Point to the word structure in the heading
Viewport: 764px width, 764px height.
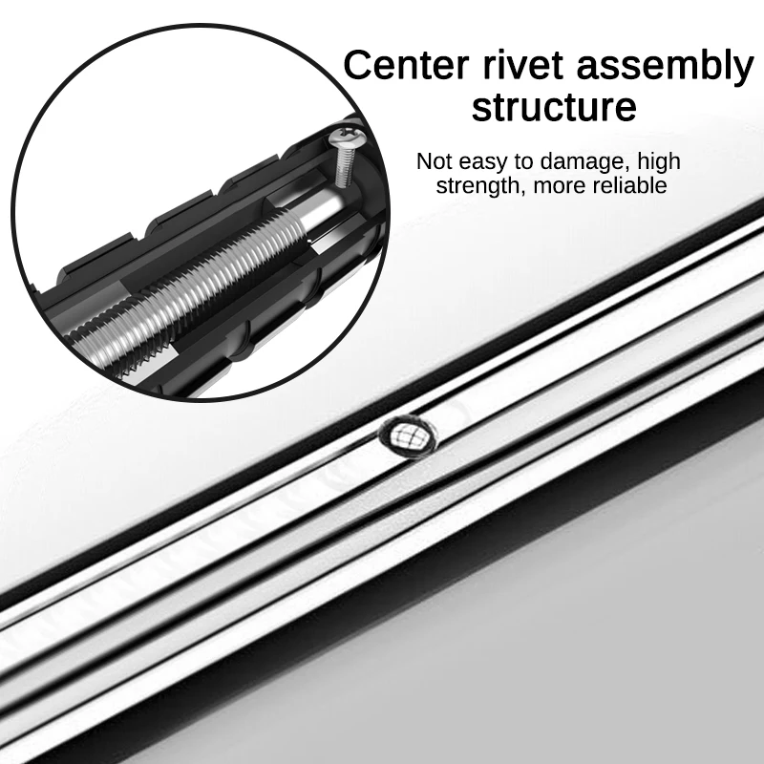(554, 107)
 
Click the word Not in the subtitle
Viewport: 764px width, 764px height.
(434, 160)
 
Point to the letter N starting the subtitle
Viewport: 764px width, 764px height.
(424, 160)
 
